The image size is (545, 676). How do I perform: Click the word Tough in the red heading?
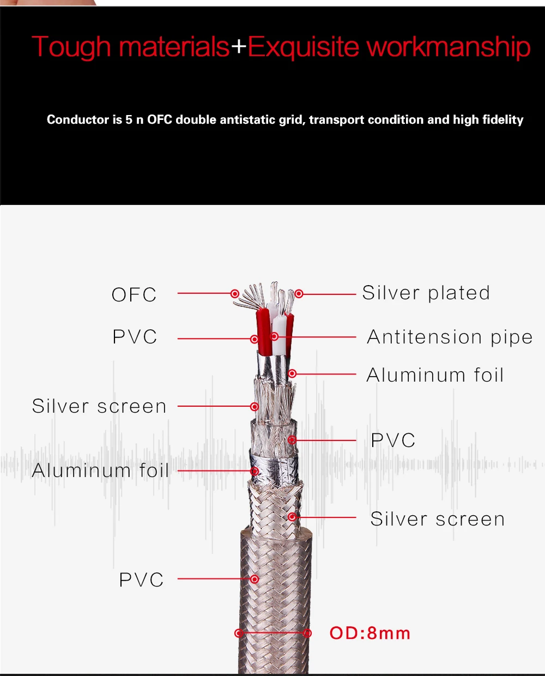(x=71, y=47)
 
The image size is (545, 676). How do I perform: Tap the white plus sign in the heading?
(x=239, y=46)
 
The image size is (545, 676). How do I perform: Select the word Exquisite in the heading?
(x=304, y=47)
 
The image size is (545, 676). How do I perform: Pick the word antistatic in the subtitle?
(x=246, y=120)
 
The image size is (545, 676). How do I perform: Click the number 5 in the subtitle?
(x=129, y=120)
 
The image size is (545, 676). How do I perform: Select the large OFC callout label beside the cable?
(x=134, y=294)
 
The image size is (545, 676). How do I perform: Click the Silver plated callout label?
(x=426, y=293)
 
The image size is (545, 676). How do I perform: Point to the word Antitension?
(x=425, y=337)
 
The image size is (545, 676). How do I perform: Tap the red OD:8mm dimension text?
(x=370, y=633)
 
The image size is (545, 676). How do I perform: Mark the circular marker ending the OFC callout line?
(x=235, y=294)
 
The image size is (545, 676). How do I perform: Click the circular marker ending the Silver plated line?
(x=299, y=294)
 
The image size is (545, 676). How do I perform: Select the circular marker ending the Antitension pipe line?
(x=274, y=337)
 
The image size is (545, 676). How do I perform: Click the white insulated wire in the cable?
(x=278, y=336)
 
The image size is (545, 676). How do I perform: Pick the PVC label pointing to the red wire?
(x=135, y=337)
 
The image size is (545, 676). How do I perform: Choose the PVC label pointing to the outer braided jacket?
(x=141, y=580)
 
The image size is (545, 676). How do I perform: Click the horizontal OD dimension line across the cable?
(x=273, y=633)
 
